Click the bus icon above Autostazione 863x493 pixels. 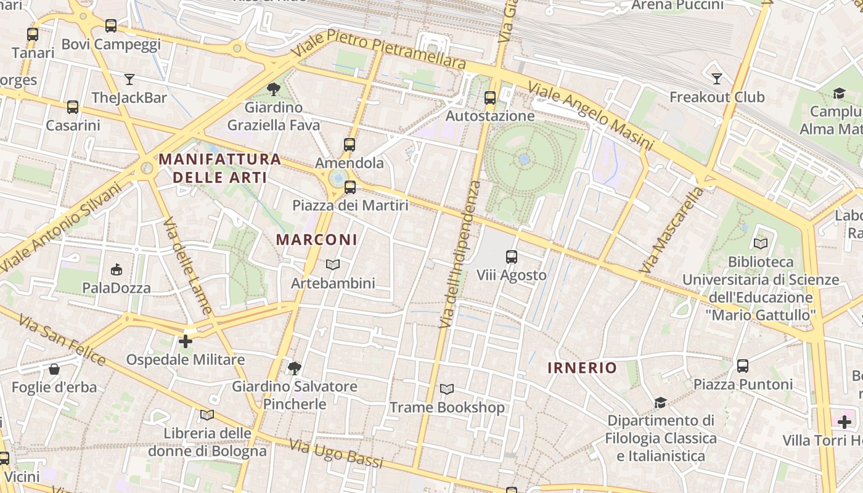(490, 98)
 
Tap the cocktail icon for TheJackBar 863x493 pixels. (129, 79)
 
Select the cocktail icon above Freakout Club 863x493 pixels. (716, 79)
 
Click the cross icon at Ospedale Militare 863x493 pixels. (186, 341)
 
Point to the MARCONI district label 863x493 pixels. (316, 240)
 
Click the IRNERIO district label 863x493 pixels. (582, 368)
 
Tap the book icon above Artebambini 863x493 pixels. (333, 265)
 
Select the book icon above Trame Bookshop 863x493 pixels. (447, 389)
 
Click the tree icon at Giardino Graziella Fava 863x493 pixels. (274, 89)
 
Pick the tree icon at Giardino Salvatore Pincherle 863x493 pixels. (295, 369)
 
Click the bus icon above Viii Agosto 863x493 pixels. (511, 257)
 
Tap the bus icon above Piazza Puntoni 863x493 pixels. (743, 366)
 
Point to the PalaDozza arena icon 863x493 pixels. (117, 270)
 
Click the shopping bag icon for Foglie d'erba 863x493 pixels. (54, 370)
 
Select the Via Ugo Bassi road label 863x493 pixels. (336, 454)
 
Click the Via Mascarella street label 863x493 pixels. (672, 230)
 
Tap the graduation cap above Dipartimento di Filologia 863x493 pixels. (660, 402)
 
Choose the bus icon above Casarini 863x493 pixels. (73, 107)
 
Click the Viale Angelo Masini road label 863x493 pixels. (590, 116)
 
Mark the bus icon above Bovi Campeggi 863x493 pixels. (111, 26)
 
